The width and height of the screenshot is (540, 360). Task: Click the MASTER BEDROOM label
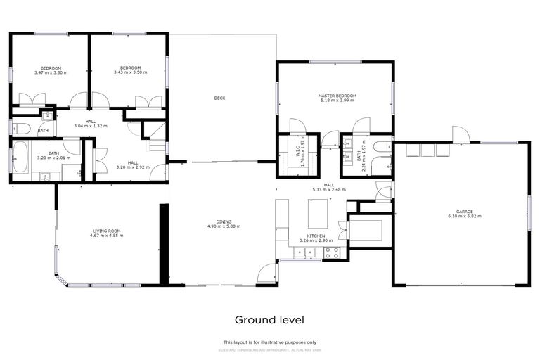[337, 96]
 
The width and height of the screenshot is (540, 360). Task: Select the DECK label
[219, 98]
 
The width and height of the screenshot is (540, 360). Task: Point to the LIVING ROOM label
[107, 231]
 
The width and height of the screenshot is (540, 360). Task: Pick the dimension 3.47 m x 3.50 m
[51, 72]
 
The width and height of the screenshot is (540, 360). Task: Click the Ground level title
[269, 320]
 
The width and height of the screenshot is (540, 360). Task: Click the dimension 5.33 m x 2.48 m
[329, 189]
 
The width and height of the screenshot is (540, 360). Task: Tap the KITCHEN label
[315, 236]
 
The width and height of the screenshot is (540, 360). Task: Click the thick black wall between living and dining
[164, 245]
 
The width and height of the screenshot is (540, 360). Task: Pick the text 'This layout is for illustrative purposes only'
[269, 342]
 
